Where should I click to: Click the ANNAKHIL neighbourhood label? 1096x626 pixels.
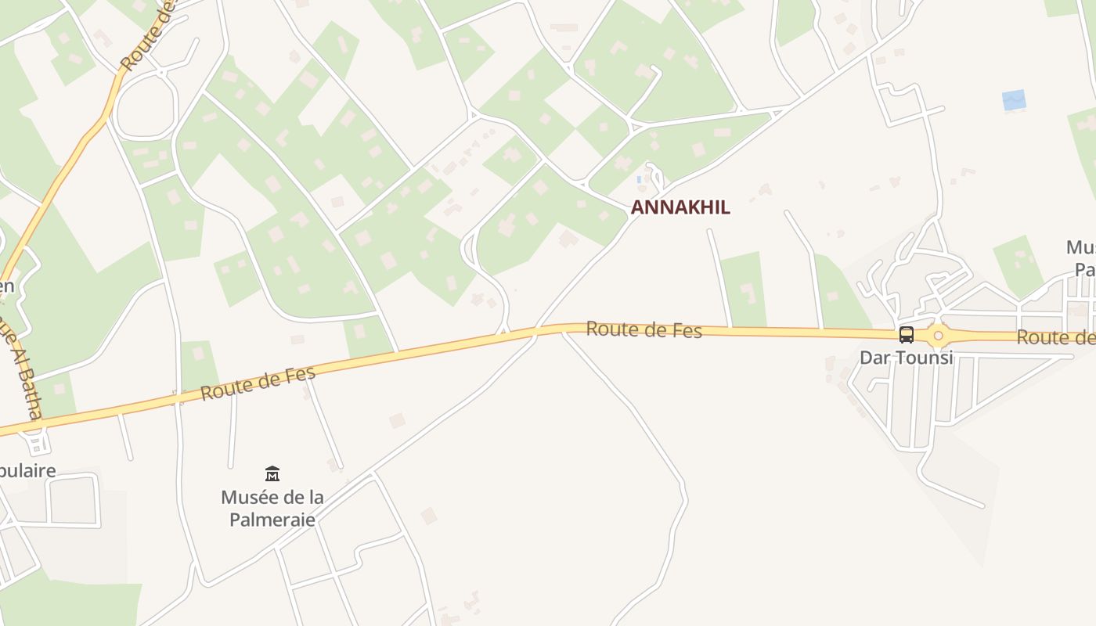(x=680, y=207)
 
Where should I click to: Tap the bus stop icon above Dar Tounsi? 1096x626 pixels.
(x=907, y=335)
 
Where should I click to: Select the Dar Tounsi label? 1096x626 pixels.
(x=907, y=358)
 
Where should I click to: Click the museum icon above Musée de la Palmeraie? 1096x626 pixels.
(x=272, y=473)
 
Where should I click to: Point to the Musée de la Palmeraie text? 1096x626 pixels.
(x=272, y=508)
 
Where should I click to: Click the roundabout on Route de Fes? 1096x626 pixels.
(x=938, y=336)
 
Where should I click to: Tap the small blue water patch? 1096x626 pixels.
(x=1014, y=100)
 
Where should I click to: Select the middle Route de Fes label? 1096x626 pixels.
(x=644, y=330)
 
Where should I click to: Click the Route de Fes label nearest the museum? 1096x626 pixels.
(x=258, y=383)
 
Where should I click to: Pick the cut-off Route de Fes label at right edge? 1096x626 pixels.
(x=1056, y=337)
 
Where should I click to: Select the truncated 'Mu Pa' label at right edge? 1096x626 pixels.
(x=1081, y=258)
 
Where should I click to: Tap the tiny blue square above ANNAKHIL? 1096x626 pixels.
(x=640, y=180)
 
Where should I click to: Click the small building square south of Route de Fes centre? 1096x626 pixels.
(x=398, y=420)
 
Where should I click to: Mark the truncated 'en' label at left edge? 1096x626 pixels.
(x=6, y=286)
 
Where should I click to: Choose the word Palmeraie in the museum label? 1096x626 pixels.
(x=272, y=519)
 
